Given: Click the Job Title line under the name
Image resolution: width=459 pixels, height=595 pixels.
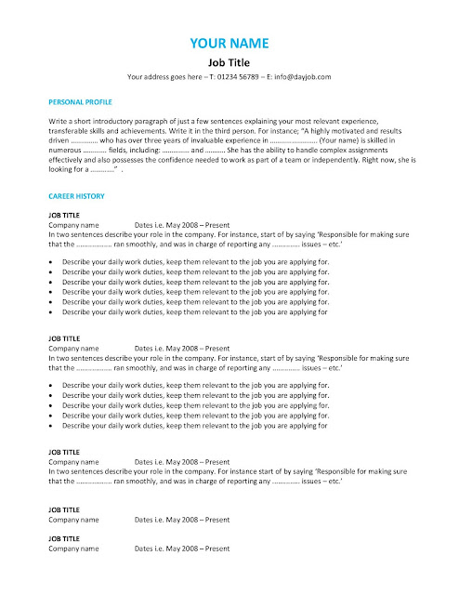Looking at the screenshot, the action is point(229,61).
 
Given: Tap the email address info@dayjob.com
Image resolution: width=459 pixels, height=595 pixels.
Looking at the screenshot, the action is point(301,76).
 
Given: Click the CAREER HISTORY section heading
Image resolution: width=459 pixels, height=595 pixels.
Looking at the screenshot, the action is point(75,197).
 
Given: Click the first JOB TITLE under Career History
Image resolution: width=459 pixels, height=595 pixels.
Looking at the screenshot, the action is point(64,216).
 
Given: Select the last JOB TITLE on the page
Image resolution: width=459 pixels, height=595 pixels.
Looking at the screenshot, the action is point(64,538).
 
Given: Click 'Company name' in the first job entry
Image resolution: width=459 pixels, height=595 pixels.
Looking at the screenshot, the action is point(73,225).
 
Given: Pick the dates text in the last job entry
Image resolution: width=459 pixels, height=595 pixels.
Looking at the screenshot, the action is point(182,549).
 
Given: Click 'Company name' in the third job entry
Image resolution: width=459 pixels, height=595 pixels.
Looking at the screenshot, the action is point(73,462).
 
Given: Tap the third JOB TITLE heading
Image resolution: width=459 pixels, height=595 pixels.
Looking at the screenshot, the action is point(64,452).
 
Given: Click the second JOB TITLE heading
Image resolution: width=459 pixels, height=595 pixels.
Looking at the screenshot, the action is point(64,339).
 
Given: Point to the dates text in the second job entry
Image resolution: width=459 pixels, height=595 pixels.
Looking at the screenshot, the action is point(182,349).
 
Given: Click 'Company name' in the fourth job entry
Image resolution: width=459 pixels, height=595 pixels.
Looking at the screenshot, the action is point(73,520).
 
